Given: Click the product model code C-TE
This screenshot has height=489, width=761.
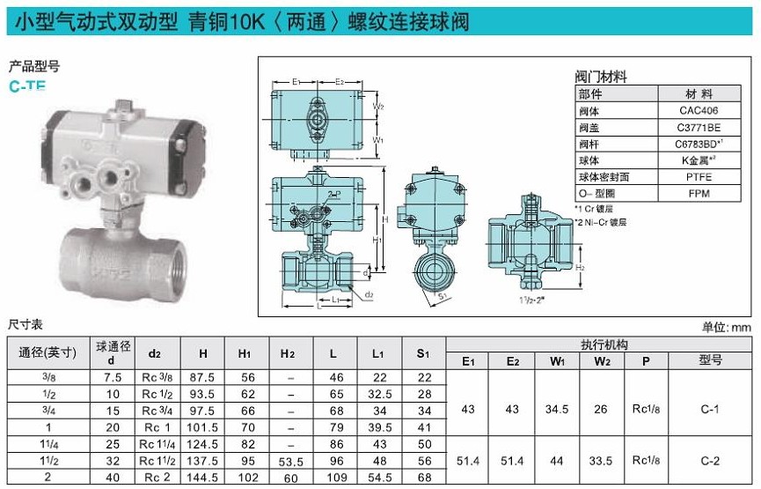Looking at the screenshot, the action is click(x=27, y=86).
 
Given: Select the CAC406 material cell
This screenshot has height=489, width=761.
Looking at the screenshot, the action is click(x=699, y=110).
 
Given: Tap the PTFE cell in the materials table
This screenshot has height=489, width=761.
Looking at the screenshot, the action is click(x=699, y=177).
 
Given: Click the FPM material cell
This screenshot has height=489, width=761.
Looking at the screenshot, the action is click(x=699, y=194).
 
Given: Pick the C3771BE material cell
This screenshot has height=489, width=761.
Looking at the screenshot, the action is click(x=699, y=128).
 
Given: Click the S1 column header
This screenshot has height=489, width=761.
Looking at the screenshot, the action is click(x=424, y=353).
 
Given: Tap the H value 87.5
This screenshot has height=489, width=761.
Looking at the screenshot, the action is click(x=202, y=378).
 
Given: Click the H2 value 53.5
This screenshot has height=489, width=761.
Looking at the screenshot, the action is click(x=290, y=462).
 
